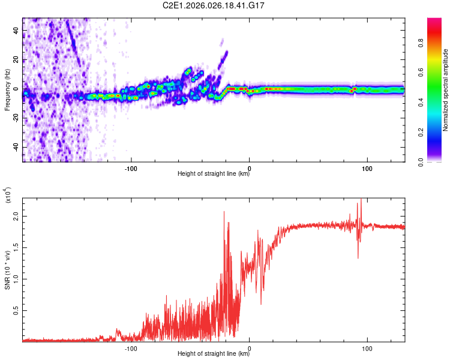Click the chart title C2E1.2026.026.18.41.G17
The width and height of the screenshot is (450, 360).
pyautogui.click(x=214, y=5)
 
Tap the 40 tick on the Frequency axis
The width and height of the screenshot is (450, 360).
pyautogui.click(x=16, y=31)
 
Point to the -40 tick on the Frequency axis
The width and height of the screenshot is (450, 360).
pyautogui.click(x=15, y=147)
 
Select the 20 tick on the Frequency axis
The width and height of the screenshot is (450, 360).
pyautogui.click(x=16, y=60)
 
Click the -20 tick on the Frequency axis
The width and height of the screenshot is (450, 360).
pyautogui.click(x=15, y=118)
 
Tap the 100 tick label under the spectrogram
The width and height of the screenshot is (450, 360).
pyautogui.click(x=367, y=168)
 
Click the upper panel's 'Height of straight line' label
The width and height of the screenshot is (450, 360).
pyautogui.click(x=214, y=174)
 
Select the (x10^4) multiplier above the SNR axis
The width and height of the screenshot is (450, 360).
pyautogui.click(x=7, y=196)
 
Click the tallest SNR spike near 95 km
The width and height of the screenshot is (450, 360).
pyautogui.click(x=361, y=200)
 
